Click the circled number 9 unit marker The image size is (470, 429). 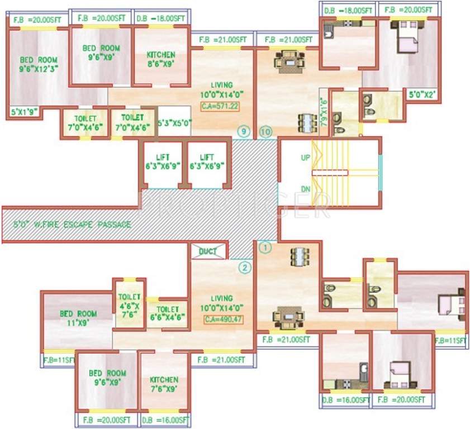[242, 132]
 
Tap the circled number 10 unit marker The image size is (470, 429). [265, 132]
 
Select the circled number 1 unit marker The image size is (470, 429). [266, 245]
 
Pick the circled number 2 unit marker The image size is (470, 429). [245, 268]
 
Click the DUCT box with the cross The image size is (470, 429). [208, 251]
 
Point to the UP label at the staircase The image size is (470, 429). [305, 158]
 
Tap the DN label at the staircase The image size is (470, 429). [305, 189]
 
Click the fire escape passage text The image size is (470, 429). [73, 225]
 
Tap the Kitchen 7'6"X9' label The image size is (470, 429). [163, 384]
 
